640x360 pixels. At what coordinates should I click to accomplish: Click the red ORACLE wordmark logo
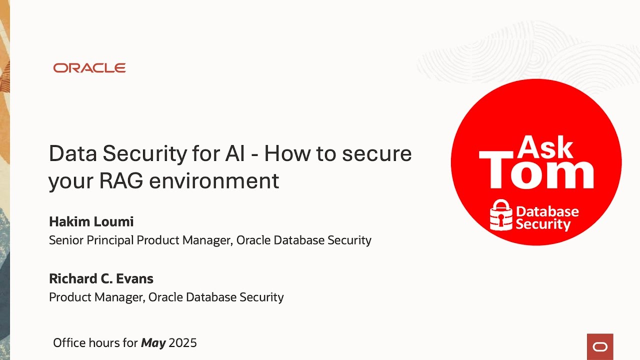pyautogui.click(x=89, y=68)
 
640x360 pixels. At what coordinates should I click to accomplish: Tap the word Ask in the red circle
pyautogui.click(x=545, y=148)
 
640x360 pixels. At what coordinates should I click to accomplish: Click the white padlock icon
pyautogui.click(x=501, y=215)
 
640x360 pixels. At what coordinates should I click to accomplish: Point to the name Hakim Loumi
pyautogui.click(x=91, y=221)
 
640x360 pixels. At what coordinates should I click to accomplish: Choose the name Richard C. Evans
pyautogui.click(x=101, y=278)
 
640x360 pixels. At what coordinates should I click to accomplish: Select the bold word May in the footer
pyautogui.click(x=153, y=343)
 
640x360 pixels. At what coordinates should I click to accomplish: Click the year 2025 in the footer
pyautogui.click(x=183, y=343)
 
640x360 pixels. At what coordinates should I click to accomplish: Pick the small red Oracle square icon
pyautogui.click(x=600, y=346)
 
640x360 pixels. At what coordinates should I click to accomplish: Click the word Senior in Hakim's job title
pyautogui.click(x=66, y=240)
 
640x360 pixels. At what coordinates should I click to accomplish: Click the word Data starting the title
pyautogui.click(x=72, y=153)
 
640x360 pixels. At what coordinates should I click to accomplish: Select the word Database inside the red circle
pyautogui.click(x=547, y=211)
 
